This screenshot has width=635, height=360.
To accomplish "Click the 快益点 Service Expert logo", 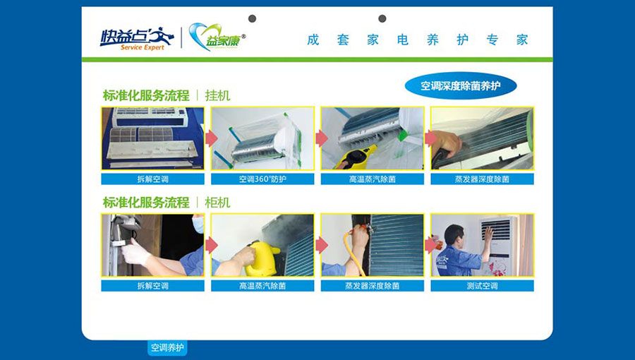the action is [137, 38].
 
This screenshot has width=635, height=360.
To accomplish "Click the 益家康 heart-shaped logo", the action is [217, 37].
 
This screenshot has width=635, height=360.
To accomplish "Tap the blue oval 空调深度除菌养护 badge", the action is [461, 86].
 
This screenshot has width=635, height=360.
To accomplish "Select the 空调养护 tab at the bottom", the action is [167, 347].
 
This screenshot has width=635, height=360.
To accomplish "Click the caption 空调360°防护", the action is [262, 179].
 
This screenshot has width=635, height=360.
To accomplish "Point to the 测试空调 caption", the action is [482, 286].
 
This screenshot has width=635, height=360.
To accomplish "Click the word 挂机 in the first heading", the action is [217, 95].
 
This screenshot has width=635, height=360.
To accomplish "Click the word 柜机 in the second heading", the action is [217, 203].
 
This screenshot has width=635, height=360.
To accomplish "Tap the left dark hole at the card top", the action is [252, 18].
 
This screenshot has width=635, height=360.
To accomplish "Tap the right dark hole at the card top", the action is [382, 18].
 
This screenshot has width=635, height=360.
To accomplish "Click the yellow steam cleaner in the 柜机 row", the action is [262, 259].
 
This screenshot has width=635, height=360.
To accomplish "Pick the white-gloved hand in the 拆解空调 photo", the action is [135, 251].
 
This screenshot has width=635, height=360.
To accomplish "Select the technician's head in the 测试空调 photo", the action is [454, 234].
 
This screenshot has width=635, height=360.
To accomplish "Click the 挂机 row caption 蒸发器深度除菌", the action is [482, 179].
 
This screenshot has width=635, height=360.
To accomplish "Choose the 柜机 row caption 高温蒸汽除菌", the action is [262, 286].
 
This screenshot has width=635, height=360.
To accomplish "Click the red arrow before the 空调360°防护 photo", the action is [212, 138].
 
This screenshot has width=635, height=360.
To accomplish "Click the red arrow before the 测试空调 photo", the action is [431, 245].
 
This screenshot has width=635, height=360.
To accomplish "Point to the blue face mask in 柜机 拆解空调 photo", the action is [198, 224].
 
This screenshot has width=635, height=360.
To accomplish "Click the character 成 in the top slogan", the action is [313, 40].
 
